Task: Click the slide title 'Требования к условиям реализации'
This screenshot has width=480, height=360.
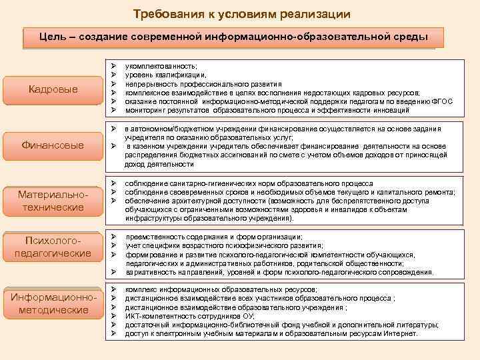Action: coord(241,14)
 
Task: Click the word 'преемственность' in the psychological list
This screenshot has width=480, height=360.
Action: coord(153,237)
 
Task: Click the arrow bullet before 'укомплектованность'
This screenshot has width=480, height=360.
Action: coord(115,67)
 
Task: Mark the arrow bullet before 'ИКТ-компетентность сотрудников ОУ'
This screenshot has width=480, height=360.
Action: coord(115,316)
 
